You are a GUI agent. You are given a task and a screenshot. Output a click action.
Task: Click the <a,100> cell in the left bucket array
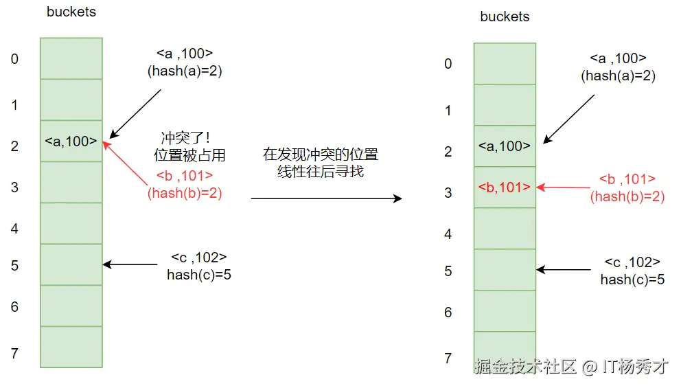[71, 141]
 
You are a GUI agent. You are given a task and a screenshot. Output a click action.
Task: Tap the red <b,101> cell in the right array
[505, 187]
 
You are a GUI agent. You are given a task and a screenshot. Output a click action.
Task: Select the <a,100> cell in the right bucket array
[505, 146]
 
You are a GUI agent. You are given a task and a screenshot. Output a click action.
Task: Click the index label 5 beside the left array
[14, 266]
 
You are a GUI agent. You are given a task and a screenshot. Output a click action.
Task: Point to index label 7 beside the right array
[448, 358]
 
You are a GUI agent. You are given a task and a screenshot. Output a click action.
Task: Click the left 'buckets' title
[71, 12]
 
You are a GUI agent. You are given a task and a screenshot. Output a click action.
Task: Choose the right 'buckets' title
[505, 17]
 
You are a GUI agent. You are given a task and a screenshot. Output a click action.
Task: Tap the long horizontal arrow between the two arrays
[326, 198]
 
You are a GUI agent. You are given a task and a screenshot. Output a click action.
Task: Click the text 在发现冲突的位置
[321, 155]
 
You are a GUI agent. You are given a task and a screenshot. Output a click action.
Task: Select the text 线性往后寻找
[321, 172]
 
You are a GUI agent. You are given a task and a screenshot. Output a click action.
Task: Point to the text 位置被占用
[189, 157]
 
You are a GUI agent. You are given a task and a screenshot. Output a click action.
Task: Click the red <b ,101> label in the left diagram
[185, 175]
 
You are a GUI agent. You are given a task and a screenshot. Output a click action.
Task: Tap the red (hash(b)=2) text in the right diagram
[627, 197]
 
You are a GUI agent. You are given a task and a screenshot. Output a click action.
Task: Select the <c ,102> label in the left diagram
[199, 258]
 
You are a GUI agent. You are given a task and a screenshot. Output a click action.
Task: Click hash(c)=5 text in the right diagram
[632, 279]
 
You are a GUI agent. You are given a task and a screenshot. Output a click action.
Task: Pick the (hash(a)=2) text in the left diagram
[185, 70]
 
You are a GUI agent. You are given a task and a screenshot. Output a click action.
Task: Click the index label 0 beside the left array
[14, 59]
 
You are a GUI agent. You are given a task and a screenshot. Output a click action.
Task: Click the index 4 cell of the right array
[505, 228]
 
